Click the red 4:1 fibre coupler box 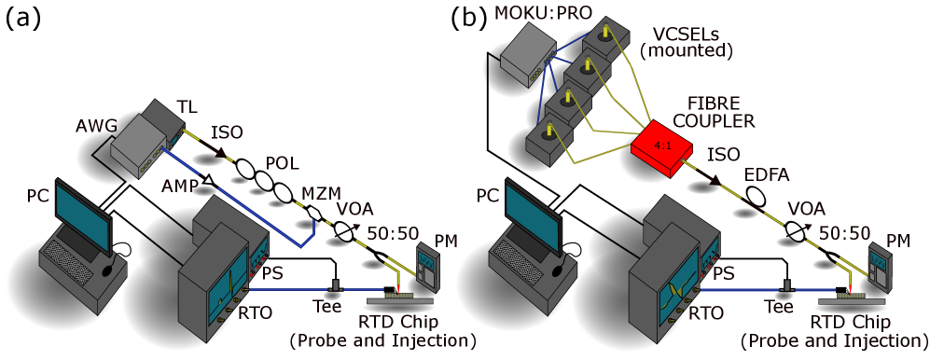point(662,147)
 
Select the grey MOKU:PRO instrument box point(528,55)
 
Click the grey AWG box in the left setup point(140,141)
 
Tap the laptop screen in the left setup point(82,214)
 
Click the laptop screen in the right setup point(532,214)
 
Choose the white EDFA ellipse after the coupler point(756,197)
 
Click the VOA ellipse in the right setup point(795,230)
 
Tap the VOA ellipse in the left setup point(343,230)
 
